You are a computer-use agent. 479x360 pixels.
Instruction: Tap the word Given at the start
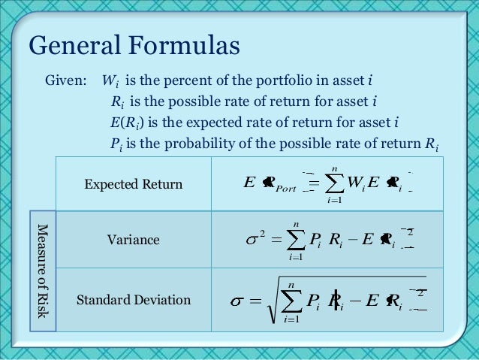(65, 80)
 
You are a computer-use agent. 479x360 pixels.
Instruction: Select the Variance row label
(132, 240)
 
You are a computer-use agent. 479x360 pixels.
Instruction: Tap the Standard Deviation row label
(133, 301)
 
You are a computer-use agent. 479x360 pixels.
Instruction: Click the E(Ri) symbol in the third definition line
(123, 123)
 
